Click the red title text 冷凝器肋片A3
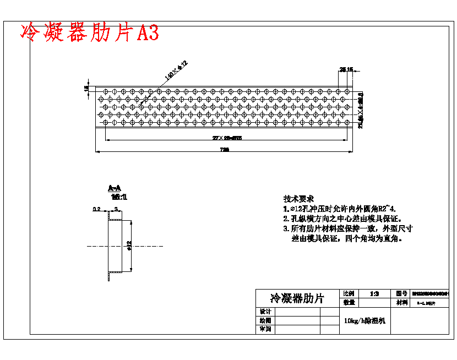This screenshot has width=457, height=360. click(x=89, y=33)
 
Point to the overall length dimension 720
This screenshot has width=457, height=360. click(x=224, y=149)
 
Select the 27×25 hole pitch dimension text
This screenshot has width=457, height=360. click(x=227, y=138)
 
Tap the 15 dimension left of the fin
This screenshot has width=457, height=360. click(x=86, y=88)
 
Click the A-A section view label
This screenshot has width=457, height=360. click(x=115, y=188)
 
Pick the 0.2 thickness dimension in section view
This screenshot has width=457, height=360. click(x=96, y=209)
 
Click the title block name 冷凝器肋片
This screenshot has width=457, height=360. click(x=297, y=298)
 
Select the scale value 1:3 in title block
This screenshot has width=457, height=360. click(x=374, y=294)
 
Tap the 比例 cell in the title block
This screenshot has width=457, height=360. click(x=349, y=294)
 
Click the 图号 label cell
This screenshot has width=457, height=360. click(x=401, y=294)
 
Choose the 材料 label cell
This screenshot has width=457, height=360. click(x=401, y=302)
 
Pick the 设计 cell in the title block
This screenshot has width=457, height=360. click(x=265, y=312)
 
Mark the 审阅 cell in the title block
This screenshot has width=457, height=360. click(x=265, y=329)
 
